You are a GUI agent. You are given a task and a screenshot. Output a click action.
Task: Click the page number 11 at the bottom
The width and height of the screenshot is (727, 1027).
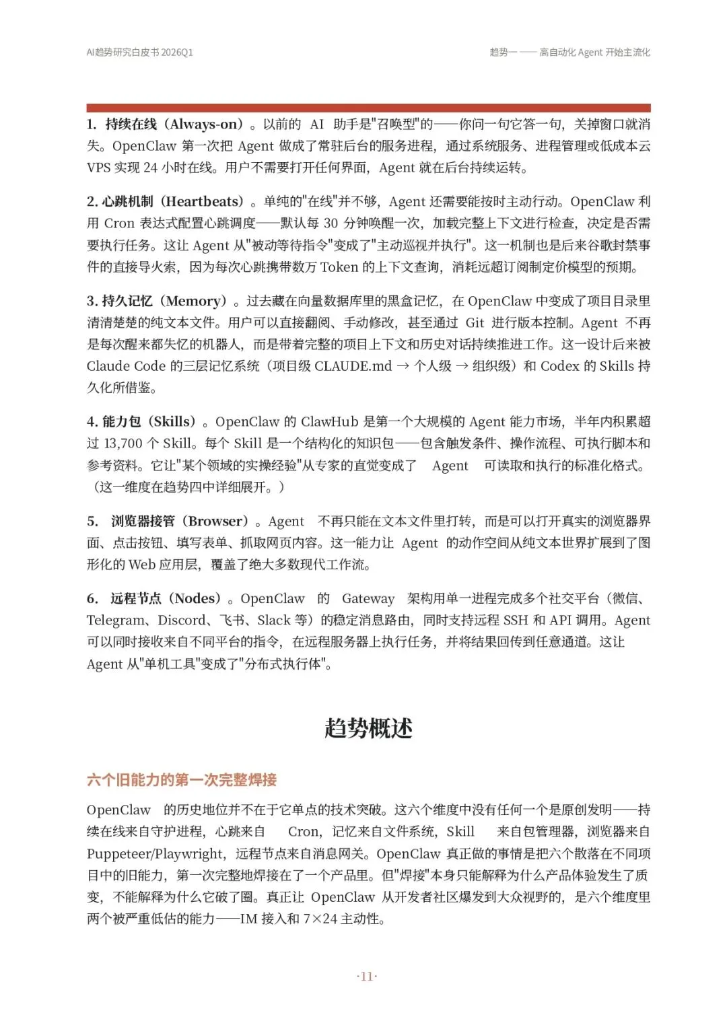coord(367,977)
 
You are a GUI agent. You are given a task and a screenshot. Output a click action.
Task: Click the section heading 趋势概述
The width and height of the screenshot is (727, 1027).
coord(368,728)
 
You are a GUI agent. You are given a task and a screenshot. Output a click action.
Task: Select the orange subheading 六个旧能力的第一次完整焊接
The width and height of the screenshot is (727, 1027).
coord(182,780)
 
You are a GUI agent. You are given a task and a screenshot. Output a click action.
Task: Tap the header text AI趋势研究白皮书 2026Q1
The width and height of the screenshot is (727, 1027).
coord(140,52)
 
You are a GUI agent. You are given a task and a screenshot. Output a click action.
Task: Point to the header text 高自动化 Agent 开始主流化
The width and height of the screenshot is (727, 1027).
coord(594,52)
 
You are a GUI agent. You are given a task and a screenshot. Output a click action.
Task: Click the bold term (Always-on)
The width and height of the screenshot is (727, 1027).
coord(203,125)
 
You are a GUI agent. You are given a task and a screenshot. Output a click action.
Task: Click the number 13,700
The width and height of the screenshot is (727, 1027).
coord(123,444)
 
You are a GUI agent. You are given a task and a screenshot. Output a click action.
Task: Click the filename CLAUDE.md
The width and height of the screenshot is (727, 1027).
coord(353,366)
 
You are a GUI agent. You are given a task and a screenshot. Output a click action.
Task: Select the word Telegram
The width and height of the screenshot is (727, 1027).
coord(115,621)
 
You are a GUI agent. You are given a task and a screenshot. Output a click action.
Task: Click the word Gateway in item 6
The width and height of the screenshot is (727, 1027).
coord(368,599)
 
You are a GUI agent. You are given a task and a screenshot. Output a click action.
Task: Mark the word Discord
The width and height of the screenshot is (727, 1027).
coord(182,621)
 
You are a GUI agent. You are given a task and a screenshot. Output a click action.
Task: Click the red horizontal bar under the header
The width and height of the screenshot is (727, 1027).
coord(368,108)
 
